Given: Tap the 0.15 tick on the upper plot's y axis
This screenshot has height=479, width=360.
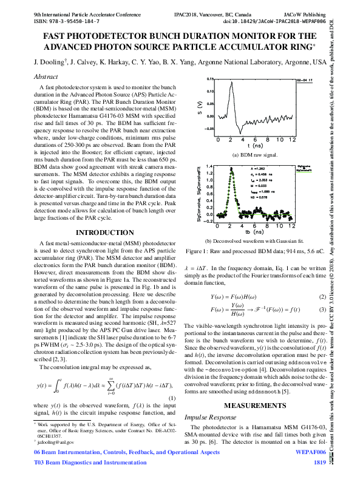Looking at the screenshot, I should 209,80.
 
